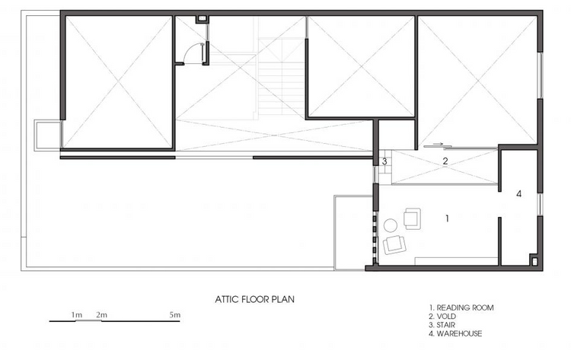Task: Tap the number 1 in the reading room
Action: click(x=448, y=218)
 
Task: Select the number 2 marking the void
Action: click(x=446, y=161)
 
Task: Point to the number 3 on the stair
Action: click(x=385, y=161)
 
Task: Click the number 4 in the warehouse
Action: click(x=518, y=194)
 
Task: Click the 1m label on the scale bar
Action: click(x=76, y=314)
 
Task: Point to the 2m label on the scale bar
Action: click(x=101, y=314)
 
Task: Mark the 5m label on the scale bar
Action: click(x=174, y=314)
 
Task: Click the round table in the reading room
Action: click(x=391, y=226)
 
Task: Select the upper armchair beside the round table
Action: click(x=412, y=218)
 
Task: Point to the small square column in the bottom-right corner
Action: click(x=538, y=261)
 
